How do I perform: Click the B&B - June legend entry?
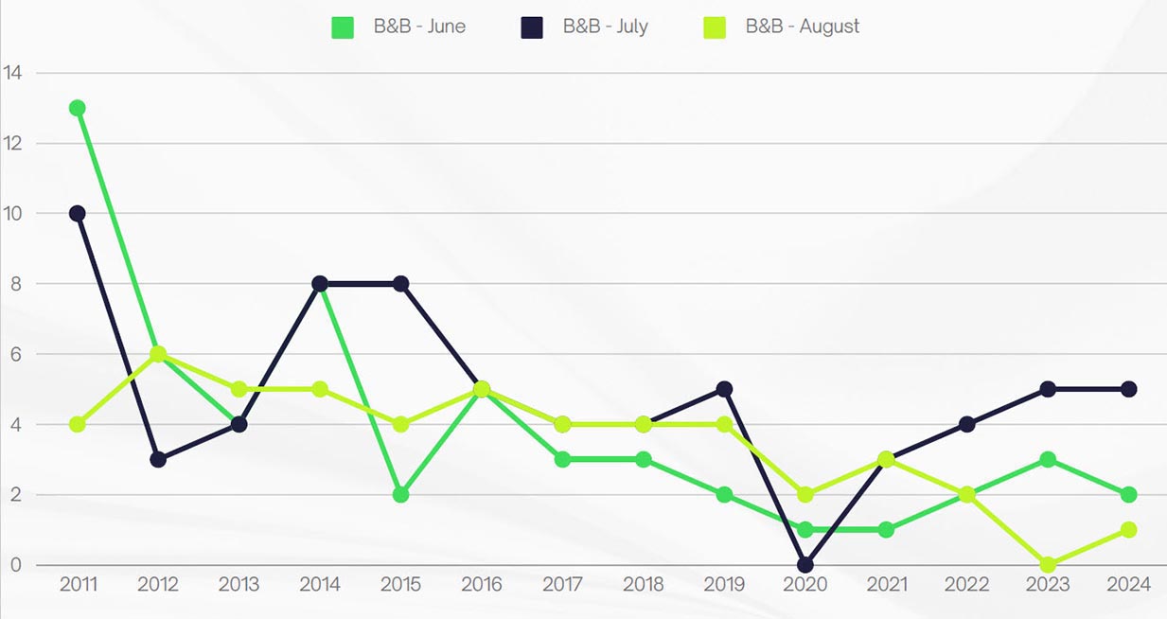click(x=398, y=27)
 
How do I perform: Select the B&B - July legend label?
click(x=605, y=27)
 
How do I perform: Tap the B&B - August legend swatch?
click(x=715, y=27)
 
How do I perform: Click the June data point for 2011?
click(x=78, y=108)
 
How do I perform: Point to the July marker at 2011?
click(x=78, y=213)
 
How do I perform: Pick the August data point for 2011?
click(x=78, y=424)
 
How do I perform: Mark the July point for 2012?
click(x=158, y=459)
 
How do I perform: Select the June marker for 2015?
click(x=400, y=494)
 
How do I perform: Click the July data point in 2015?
click(x=400, y=284)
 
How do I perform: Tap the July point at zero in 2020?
click(x=805, y=565)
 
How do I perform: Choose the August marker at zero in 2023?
click(x=1047, y=565)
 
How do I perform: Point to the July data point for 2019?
click(x=724, y=389)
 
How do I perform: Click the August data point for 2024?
click(x=1128, y=530)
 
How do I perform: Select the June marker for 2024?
click(x=1128, y=494)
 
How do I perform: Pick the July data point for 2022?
click(x=966, y=424)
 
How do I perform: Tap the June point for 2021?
click(x=886, y=530)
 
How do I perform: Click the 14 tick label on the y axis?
click(x=13, y=73)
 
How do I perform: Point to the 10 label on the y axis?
click(x=13, y=214)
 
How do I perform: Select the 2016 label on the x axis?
click(x=481, y=585)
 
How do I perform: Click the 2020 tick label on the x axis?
click(x=805, y=585)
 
